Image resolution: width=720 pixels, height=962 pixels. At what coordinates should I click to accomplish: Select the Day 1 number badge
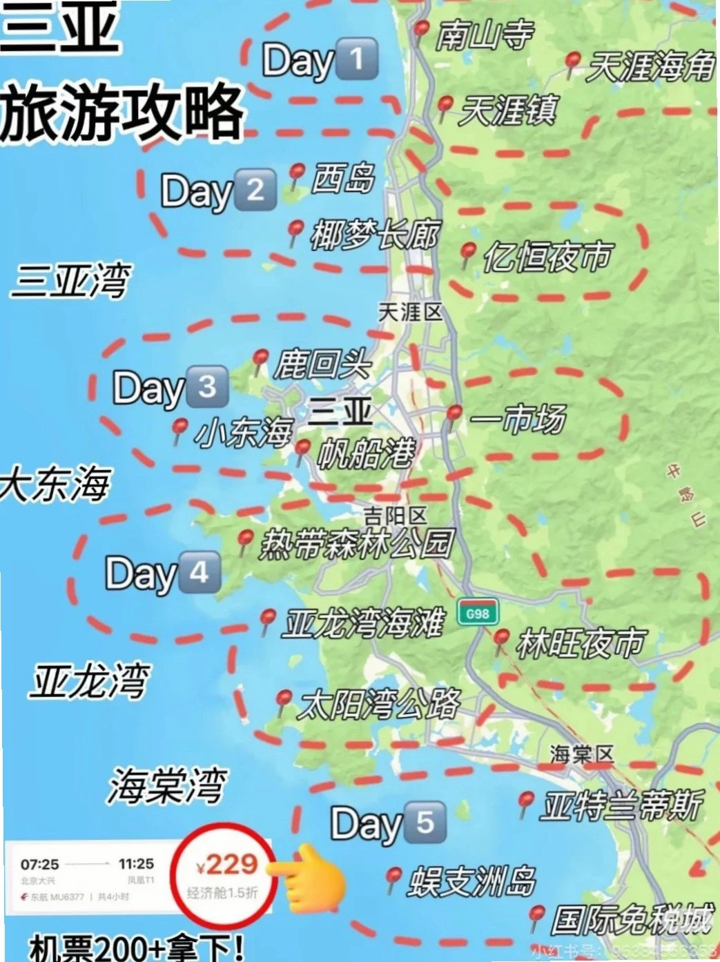click(x=356, y=59)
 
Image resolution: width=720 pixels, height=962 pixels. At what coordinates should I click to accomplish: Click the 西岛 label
click(x=343, y=178)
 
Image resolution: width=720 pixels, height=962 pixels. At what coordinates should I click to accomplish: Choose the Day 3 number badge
click(x=207, y=386)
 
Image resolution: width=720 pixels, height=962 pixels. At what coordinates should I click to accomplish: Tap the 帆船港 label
click(x=366, y=453)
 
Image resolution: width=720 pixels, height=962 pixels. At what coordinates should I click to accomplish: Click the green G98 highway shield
click(x=478, y=613)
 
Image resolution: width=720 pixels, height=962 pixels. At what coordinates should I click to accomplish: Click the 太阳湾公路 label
click(x=379, y=705)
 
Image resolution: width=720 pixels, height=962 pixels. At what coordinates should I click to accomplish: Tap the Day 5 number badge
click(x=425, y=821)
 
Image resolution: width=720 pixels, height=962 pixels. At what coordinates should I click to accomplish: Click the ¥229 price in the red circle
click(x=227, y=864)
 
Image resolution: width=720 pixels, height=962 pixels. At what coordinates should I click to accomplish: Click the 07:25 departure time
click(x=39, y=864)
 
